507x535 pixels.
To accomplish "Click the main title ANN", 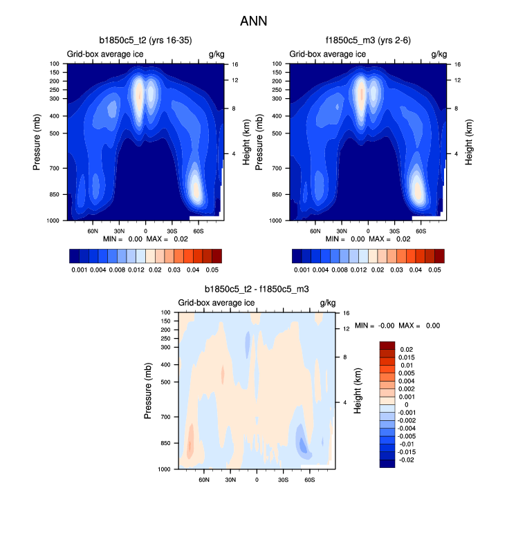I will [x=253, y=21].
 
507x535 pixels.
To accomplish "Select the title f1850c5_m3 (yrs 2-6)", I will [x=368, y=41].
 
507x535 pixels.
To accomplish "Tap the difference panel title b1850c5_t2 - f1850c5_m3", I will [x=257, y=290].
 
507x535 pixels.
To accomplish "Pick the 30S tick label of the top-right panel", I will [x=394, y=231].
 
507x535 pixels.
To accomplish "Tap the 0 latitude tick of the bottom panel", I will [x=257, y=480].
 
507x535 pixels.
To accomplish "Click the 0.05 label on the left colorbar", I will [x=212, y=270].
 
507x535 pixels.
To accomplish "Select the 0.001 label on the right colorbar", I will [x=302, y=270].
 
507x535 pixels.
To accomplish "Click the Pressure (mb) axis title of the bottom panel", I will [x=147, y=391].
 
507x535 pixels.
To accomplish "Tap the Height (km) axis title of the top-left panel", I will [x=246, y=142].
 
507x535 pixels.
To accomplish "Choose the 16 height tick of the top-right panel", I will [x=457, y=64].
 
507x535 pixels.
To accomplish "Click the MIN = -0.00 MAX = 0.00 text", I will [x=397, y=325].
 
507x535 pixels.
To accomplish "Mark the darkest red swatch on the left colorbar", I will [x=216, y=256].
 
